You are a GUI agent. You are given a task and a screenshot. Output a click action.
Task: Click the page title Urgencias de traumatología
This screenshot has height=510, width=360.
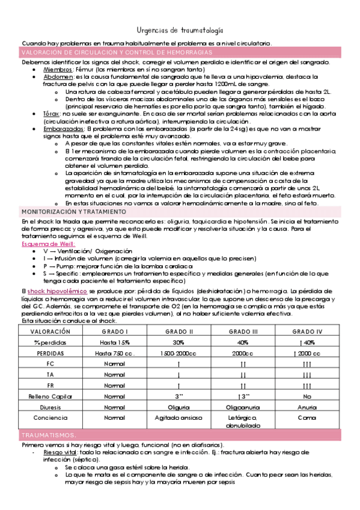(180, 29)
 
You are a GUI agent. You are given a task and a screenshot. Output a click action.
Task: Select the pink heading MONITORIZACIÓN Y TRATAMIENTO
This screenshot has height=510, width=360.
(73, 212)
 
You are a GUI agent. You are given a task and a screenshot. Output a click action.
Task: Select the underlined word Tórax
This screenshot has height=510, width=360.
(51, 113)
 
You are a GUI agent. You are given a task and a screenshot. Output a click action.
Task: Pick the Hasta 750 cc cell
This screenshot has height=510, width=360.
(114, 353)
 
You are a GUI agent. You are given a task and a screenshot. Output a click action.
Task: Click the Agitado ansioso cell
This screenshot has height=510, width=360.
(178, 417)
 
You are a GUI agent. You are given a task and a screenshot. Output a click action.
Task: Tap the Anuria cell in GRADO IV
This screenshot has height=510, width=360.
(307, 407)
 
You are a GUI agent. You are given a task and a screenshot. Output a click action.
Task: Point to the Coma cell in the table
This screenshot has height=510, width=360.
(307, 417)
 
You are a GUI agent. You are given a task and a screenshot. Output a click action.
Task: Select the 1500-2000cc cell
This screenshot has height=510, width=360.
(178, 353)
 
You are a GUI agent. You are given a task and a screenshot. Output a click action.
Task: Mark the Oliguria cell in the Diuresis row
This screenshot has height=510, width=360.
(178, 407)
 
